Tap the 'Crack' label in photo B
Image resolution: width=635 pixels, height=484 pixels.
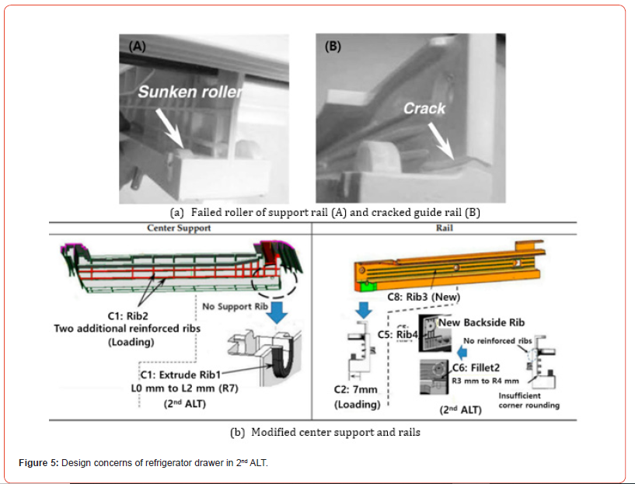click(x=424, y=109)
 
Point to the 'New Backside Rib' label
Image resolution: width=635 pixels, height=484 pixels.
click(x=483, y=322)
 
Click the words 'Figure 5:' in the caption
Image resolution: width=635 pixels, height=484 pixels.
click(x=38, y=463)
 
